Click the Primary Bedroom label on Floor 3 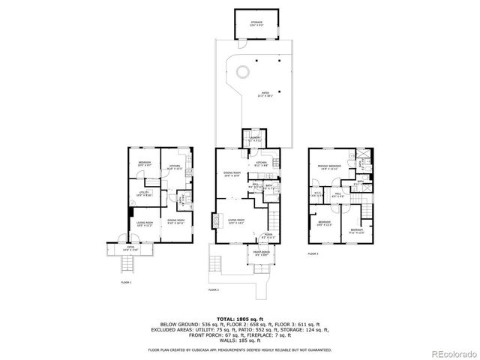(329, 167)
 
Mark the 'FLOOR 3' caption (313, 254)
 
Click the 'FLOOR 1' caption (126, 282)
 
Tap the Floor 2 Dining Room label (232, 174)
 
